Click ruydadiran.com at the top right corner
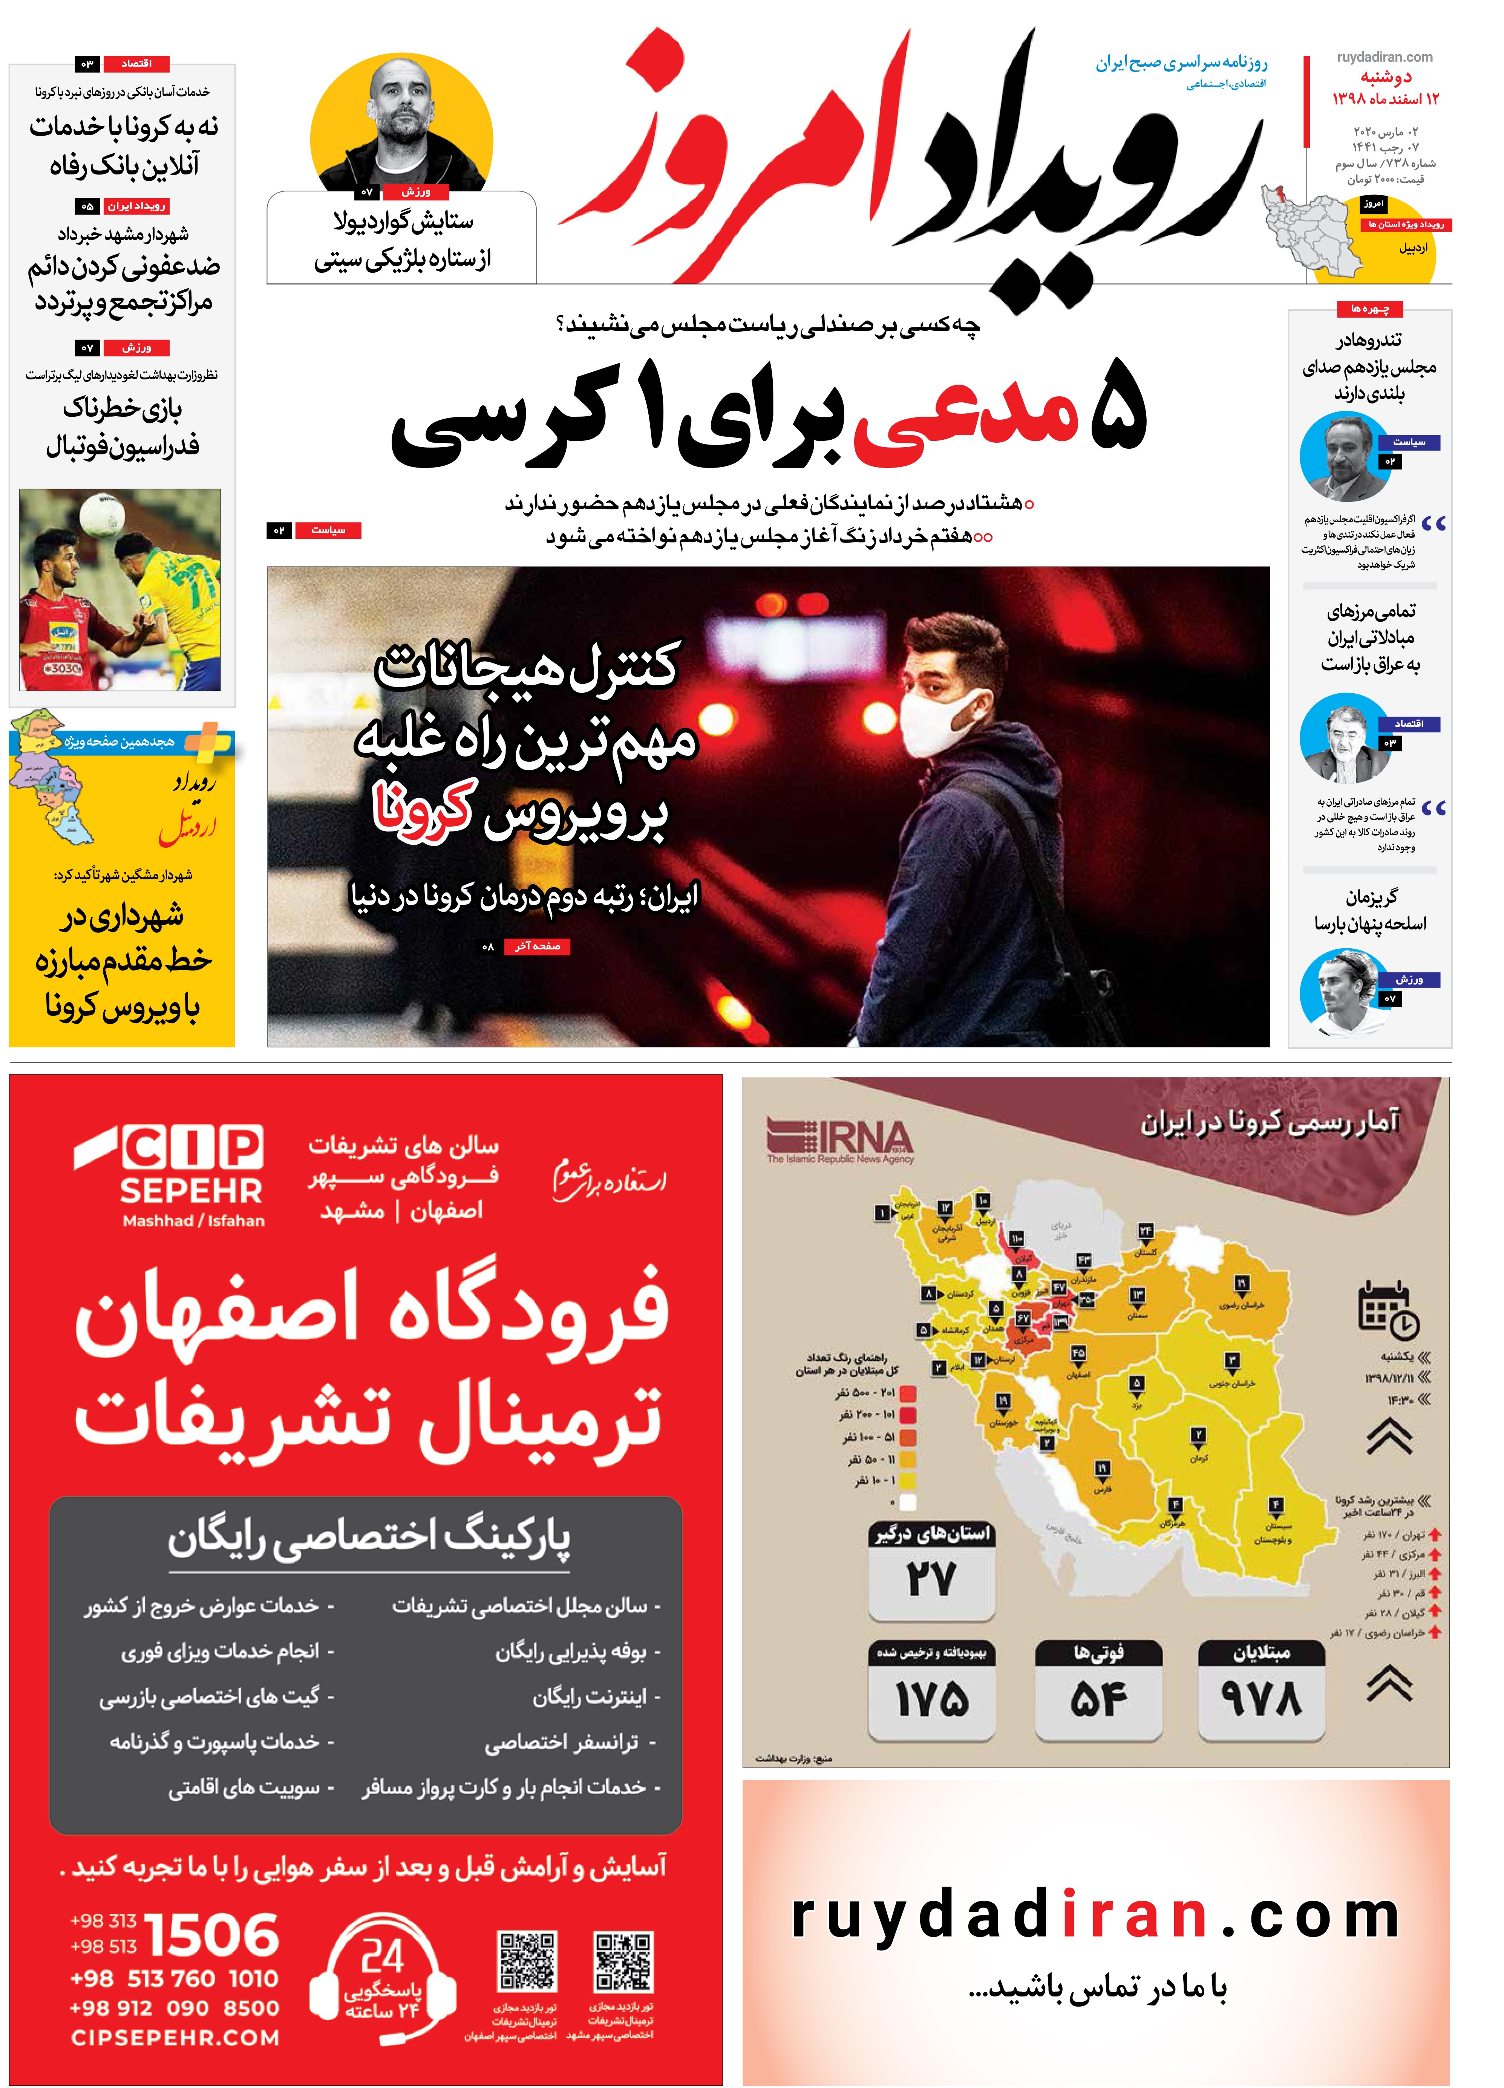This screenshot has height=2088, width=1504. [x=1384, y=57]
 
